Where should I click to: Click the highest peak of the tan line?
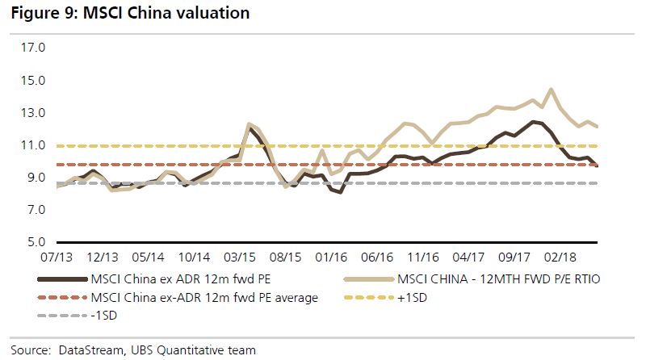pos(551,90)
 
